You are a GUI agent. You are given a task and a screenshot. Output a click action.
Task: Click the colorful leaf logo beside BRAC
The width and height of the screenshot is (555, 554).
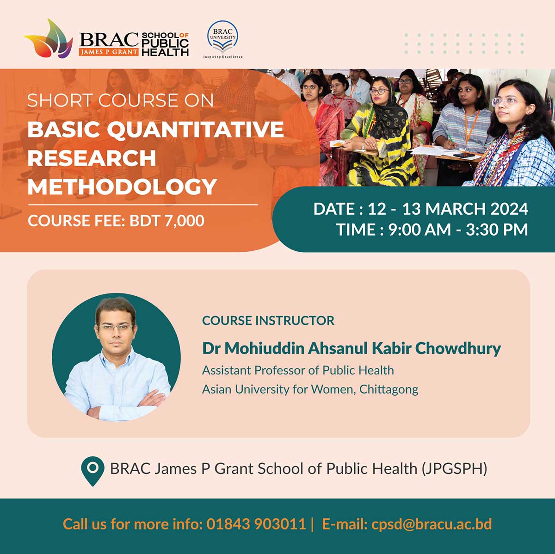49,39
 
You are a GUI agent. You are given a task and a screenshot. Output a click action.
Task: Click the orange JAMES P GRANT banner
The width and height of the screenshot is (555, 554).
109,52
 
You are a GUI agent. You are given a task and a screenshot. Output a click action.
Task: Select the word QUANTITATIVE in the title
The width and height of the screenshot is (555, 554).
196,130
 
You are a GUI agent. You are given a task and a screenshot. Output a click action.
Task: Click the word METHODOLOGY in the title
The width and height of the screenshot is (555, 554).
122,187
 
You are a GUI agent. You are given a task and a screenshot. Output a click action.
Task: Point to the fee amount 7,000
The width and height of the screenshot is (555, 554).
185,221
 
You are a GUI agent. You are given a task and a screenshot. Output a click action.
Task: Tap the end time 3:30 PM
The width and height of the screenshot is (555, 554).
497,230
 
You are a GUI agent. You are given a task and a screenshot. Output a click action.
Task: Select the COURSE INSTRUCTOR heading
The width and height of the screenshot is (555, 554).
268,321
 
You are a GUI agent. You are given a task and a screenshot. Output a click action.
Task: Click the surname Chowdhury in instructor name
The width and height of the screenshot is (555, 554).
458,349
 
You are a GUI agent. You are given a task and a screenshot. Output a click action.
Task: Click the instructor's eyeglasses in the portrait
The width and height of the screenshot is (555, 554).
116,328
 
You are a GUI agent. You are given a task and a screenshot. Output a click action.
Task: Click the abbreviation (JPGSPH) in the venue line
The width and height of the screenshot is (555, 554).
454,469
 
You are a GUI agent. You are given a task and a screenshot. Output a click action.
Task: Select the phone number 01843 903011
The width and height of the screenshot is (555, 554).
256,524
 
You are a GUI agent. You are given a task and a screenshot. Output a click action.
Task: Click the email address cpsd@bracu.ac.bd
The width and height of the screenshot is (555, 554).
432,524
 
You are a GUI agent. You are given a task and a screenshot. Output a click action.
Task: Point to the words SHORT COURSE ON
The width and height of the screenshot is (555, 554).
120,100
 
